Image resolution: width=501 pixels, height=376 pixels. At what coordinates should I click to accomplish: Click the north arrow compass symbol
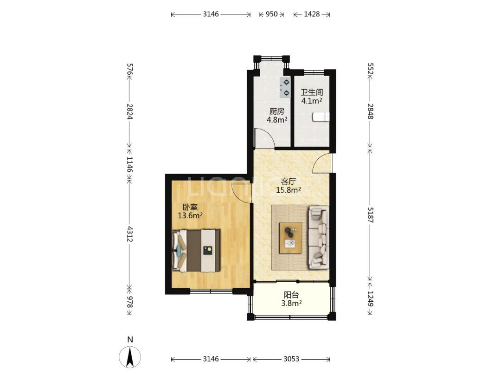[130, 357]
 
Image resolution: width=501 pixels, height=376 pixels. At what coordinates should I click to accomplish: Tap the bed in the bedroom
[196, 250]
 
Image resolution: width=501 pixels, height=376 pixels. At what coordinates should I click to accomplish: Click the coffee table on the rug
[291, 238]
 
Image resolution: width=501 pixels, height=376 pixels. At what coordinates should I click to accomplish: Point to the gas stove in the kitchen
[285, 88]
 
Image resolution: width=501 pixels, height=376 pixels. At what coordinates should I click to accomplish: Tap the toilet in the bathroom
[321, 117]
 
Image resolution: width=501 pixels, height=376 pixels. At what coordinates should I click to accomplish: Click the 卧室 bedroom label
[190, 207]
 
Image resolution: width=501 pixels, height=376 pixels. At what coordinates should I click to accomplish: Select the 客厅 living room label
[288, 182]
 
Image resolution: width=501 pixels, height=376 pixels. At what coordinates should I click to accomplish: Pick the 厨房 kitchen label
[276, 111]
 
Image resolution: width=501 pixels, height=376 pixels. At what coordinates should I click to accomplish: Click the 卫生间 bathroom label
[312, 93]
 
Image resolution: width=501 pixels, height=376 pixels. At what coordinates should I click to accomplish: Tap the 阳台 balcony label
[291, 295]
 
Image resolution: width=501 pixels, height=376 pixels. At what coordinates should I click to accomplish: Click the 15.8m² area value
[289, 190]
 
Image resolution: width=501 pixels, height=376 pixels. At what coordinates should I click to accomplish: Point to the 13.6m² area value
[190, 215]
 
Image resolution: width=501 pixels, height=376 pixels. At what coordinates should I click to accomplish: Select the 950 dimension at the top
[271, 14]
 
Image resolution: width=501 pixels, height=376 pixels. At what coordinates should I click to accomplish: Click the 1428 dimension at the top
[312, 14]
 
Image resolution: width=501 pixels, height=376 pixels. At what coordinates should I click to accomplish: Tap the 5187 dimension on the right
[370, 215]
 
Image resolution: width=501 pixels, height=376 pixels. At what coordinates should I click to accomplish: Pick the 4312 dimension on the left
[130, 234]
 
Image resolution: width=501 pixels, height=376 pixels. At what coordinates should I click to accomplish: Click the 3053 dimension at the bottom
[291, 359]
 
